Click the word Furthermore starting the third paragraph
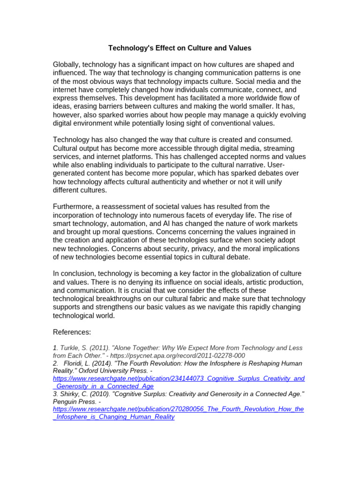(75, 207)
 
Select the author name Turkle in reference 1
(68, 348)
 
